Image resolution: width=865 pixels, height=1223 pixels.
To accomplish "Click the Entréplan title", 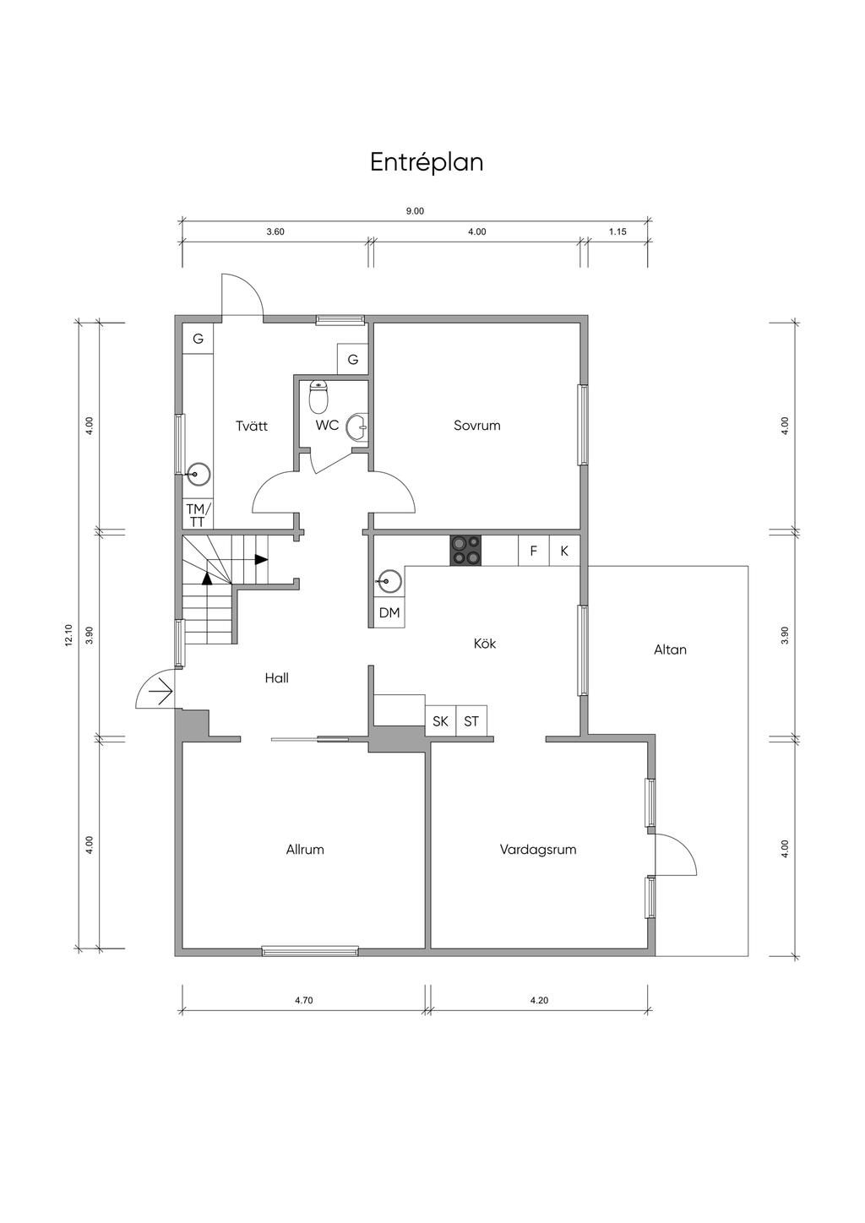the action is [427, 162].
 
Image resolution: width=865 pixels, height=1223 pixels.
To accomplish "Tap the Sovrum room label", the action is [476, 426].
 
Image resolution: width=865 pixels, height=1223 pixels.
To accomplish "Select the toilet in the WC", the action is [318, 397].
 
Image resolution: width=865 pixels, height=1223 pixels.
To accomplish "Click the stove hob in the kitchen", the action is [465, 551].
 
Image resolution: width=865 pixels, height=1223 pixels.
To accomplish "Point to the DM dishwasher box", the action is [389, 612].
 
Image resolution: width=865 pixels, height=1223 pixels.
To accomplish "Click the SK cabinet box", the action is [440, 721].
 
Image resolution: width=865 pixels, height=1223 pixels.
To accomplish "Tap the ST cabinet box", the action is [471, 721].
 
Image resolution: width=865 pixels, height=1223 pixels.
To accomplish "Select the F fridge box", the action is [534, 551].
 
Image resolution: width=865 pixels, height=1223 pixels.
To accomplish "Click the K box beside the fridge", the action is [564, 551].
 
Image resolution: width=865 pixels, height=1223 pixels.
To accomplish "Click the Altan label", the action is [670, 650].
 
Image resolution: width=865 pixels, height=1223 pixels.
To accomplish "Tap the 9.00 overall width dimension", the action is [415, 211].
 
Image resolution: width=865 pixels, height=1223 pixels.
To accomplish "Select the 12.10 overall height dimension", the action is [68, 635].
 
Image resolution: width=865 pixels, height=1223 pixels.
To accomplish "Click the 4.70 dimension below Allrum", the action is [303, 1000].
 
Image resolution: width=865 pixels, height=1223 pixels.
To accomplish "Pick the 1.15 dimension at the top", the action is [617, 231].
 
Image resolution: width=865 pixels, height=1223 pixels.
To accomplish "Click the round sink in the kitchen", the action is [389, 581].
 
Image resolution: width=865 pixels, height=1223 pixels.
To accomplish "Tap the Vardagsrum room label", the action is [538, 849].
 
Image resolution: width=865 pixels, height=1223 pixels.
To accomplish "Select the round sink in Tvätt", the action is [198, 475].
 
